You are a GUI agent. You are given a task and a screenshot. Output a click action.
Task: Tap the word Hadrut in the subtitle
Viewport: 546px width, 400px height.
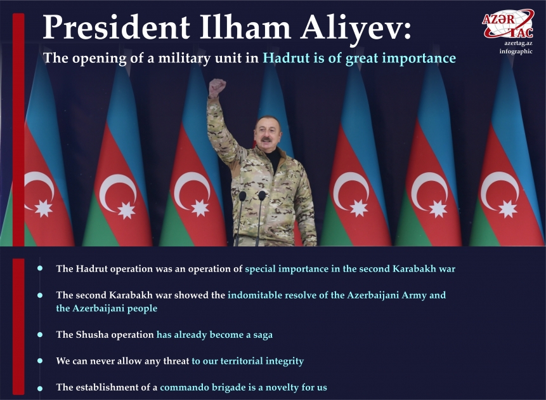pos(284,58)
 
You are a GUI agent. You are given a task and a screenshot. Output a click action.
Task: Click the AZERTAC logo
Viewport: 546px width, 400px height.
pos(507,23)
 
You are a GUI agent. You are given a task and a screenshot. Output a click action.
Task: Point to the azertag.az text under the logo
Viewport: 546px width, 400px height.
pos(518,43)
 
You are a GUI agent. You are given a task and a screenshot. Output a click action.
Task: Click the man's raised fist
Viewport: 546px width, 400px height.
pos(218,87)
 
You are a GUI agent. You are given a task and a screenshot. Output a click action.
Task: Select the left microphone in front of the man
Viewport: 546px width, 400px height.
pos(242,196)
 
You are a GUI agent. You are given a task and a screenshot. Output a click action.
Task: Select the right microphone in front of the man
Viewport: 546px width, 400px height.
pos(262,196)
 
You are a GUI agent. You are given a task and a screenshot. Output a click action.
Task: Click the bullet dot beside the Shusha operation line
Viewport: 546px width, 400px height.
pos(39,333)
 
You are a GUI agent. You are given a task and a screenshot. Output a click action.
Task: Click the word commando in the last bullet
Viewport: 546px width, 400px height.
pos(186,387)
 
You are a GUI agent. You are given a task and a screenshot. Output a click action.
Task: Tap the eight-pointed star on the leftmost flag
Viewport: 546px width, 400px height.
pos(43,208)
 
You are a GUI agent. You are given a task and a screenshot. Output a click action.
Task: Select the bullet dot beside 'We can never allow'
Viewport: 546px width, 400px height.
pos(39,360)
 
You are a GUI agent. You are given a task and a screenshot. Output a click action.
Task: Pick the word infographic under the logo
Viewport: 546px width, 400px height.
pos(516,51)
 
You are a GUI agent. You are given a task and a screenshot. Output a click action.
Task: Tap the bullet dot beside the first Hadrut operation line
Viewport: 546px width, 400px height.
pos(39,269)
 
